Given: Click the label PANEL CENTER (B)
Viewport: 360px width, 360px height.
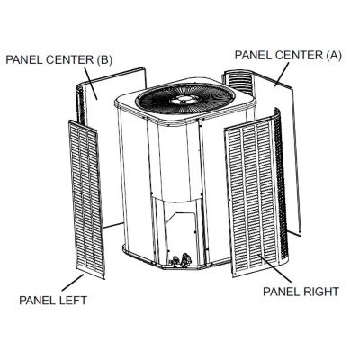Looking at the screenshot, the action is pyautogui.click(x=58, y=59).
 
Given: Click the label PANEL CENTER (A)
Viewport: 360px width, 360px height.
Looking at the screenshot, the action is pyautogui.click(x=288, y=55).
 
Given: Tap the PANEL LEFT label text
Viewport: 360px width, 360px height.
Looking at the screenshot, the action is pyautogui.click(x=53, y=300).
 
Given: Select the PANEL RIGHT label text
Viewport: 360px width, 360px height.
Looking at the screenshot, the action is pyautogui.click(x=301, y=292).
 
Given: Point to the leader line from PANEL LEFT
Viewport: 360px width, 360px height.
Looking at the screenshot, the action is pyautogui.click(x=73, y=283).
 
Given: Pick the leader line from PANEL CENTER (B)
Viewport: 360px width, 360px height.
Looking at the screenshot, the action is pyautogui.click(x=91, y=83).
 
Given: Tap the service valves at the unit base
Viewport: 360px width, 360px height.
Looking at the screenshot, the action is pyautogui.click(x=181, y=260).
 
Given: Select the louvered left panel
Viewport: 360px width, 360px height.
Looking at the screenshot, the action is pyautogui.click(x=86, y=199).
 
